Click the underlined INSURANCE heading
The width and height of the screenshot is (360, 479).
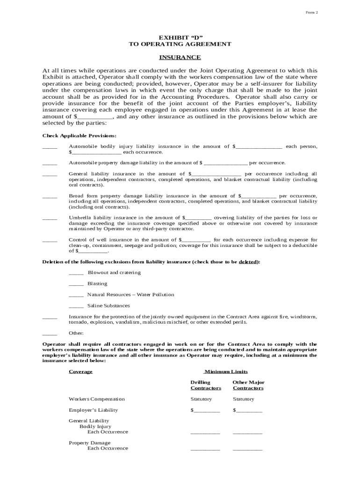pos(180,58)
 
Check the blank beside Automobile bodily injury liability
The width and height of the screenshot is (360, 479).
pos(50,147)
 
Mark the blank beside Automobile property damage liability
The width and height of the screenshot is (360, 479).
pos(50,164)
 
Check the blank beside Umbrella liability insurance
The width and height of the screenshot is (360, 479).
pos(50,218)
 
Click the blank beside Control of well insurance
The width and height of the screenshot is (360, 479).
pos(50,241)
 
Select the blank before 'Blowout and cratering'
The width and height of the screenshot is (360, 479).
pos(76,273)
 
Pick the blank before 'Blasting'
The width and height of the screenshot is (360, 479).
pos(76,284)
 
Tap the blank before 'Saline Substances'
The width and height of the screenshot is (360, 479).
pos(76,306)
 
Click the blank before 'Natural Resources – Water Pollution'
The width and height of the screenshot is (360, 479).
pos(76,296)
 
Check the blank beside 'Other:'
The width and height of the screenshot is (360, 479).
pos(50,334)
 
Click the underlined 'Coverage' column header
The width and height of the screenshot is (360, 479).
pos(81,371)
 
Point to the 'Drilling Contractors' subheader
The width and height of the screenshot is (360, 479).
pos(205,385)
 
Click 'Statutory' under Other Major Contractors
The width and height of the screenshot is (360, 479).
pos(243,399)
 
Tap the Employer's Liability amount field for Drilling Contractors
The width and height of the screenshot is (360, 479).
pos(205,411)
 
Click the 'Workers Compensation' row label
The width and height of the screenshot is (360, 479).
pos(97,399)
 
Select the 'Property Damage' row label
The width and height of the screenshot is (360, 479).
pos(90,443)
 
